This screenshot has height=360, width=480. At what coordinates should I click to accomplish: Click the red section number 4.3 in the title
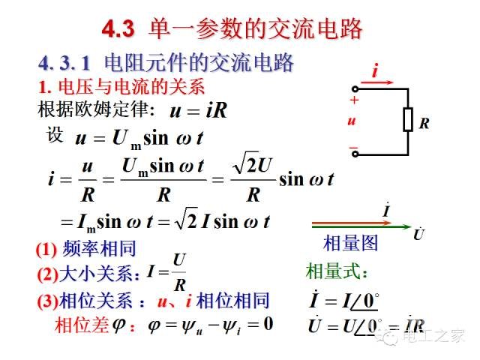click(x=118, y=29)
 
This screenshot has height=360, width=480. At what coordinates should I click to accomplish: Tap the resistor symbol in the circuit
click(x=408, y=119)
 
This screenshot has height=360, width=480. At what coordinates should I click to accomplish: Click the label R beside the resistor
click(x=424, y=123)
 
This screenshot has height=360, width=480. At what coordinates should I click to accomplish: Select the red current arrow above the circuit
click(x=376, y=82)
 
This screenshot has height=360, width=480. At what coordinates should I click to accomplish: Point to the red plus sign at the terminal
click(x=355, y=100)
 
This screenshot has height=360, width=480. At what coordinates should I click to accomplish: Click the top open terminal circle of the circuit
click(x=355, y=89)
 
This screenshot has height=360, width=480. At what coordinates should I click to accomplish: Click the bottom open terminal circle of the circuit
click(x=355, y=154)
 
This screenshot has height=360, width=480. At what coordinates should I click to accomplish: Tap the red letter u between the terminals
click(x=352, y=121)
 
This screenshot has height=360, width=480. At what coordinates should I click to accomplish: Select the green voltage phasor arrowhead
click(x=407, y=226)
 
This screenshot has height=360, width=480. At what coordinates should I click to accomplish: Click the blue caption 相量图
click(x=350, y=243)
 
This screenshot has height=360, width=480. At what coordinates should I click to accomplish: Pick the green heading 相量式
click(x=336, y=271)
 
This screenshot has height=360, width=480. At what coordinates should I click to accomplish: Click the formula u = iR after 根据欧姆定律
click(x=198, y=110)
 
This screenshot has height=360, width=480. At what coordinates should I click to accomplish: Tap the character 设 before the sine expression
click(x=55, y=134)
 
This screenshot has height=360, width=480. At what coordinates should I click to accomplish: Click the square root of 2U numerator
click(x=252, y=163)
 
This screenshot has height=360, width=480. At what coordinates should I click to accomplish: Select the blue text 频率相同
click(x=99, y=248)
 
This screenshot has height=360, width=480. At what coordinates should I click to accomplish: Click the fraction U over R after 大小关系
click(x=179, y=272)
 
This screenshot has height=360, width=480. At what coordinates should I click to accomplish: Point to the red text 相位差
click(x=82, y=325)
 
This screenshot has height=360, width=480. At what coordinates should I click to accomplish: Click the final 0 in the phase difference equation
click(x=268, y=323)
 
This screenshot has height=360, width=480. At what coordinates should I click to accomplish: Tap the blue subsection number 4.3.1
click(x=64, y=63)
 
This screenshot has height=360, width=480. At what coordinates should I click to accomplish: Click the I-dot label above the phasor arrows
click(x=387, y=210)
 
